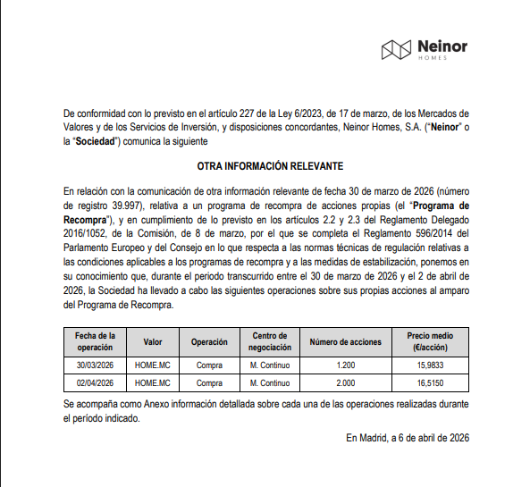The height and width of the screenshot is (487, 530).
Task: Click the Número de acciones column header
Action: click(345, 341)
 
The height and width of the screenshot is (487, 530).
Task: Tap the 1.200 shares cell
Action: click(345, 365)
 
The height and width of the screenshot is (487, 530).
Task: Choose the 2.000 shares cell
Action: click(345, 383)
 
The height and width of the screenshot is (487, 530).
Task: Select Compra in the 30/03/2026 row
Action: click(208, 365)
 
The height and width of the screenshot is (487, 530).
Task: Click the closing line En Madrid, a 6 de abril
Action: click(407, 438)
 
